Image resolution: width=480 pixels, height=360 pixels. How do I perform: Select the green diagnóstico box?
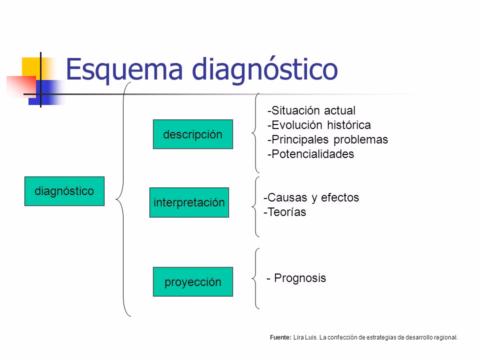coord(64,191)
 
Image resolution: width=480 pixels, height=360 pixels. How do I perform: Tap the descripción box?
coord(193,134)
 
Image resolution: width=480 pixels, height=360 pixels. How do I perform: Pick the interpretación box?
coord(189,202)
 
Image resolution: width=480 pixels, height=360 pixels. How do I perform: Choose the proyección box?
coord(193,282)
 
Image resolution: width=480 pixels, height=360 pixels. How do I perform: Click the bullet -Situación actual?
coord(311,110)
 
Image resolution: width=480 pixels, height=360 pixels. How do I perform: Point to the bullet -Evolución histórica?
coord(319,124)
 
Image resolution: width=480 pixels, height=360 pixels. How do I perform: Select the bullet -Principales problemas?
coord(327,139)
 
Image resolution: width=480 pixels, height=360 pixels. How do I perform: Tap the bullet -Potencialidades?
coord(310,154)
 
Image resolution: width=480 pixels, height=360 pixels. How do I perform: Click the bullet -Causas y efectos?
coord(311,197)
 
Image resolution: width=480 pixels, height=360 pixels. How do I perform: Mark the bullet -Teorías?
coord(285,212)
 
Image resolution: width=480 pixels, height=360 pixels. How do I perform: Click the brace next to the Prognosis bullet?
coord(257,278)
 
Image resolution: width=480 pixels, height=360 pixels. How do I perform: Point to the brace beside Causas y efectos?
coord(257,205)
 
